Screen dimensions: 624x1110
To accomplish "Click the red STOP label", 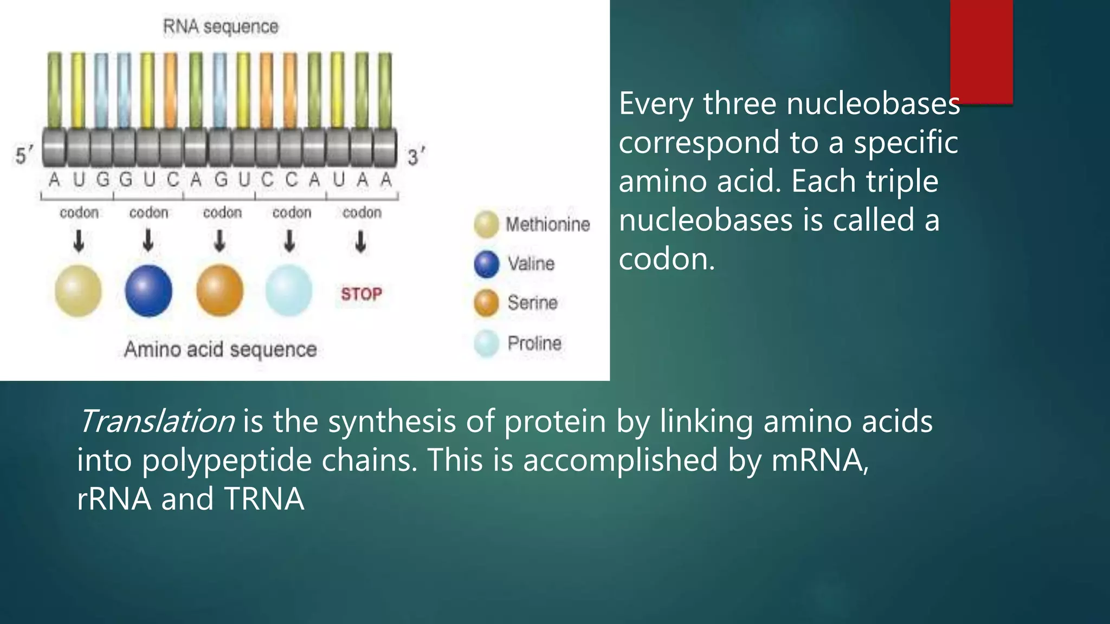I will (362, 294).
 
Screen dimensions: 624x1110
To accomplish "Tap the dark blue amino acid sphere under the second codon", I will (149, 291).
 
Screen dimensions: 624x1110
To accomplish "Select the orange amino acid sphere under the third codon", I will (220, 291).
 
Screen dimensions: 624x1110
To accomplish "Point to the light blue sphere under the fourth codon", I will (289, 291).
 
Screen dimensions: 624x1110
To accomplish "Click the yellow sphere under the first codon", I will (78, 291).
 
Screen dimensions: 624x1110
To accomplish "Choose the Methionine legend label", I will (547, 224).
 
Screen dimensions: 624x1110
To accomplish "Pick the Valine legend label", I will (531, 264).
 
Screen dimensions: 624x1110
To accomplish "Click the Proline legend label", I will (534, 343).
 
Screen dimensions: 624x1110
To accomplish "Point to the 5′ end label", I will (23, 156).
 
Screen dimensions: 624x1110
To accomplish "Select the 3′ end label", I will (416, 157).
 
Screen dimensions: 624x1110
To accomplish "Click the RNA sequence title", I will (221, 27).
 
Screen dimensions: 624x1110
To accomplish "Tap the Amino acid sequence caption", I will (220, 349).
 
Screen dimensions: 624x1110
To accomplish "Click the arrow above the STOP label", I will (360, 242).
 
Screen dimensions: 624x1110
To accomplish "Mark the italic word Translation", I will (157, 421).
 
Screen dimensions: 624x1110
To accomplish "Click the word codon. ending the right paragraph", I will (666, 259).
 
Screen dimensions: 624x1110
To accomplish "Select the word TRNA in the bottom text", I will (264, 499).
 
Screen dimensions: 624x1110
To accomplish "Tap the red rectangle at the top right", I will (982, 51).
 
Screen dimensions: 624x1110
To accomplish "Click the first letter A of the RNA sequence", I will (54, 180).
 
